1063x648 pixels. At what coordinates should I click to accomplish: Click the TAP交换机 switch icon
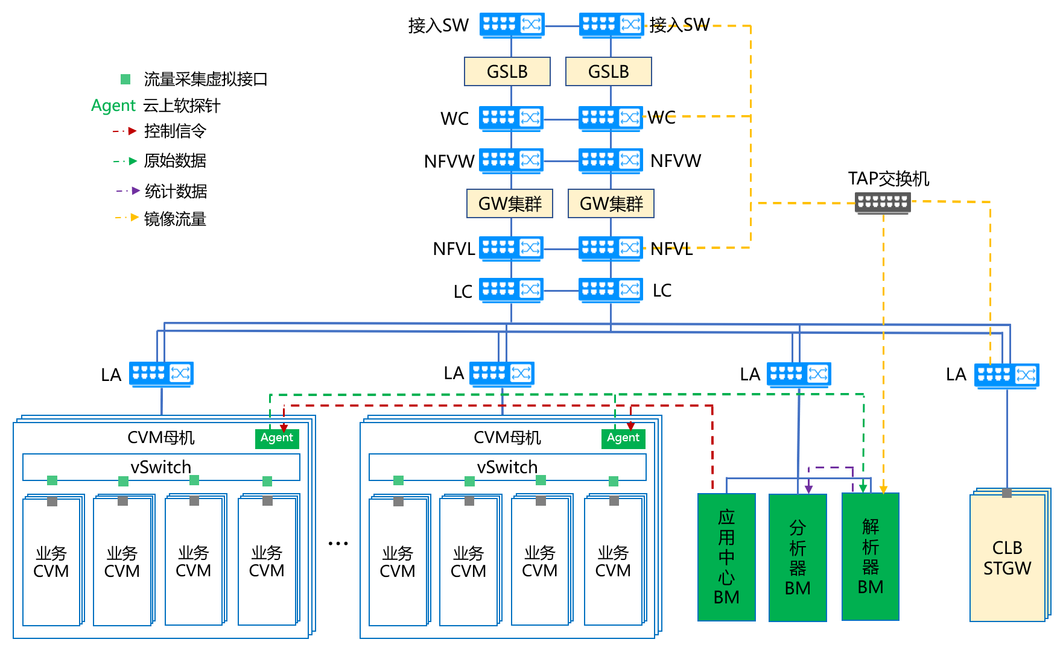[x=883, y=203]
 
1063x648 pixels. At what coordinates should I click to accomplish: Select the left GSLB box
[x=507, y=72]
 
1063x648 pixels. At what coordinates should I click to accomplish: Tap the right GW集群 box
[x=611, y=204]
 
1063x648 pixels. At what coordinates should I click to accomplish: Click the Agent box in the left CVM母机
[x=277, y=438]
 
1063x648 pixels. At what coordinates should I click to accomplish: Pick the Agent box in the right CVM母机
[x=623, y=438]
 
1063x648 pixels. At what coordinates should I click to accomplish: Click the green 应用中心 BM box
[x=726, y=557]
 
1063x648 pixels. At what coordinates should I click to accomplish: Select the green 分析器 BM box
[x=798, y=557]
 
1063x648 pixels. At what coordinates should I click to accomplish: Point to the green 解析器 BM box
[x=871, y=556]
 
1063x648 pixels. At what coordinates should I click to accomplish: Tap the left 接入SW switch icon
[x=512, y=25]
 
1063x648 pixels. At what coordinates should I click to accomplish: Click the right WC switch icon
[x=611, y=118]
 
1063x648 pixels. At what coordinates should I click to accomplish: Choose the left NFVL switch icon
[x=512, y=248]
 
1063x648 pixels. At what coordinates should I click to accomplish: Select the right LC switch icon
[x=611, y=290]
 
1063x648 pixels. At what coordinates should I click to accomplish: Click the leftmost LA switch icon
[x=162, y=374]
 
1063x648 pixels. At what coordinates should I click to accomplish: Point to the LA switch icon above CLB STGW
[x=1007, y=376]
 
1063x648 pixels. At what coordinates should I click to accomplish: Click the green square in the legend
[x=125, y=79]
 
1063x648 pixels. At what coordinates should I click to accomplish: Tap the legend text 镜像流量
[x=175, y=219]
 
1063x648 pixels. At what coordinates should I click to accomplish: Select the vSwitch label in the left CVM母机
[x=160, y=467]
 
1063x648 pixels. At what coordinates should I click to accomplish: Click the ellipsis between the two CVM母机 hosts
[x=338, y=544]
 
